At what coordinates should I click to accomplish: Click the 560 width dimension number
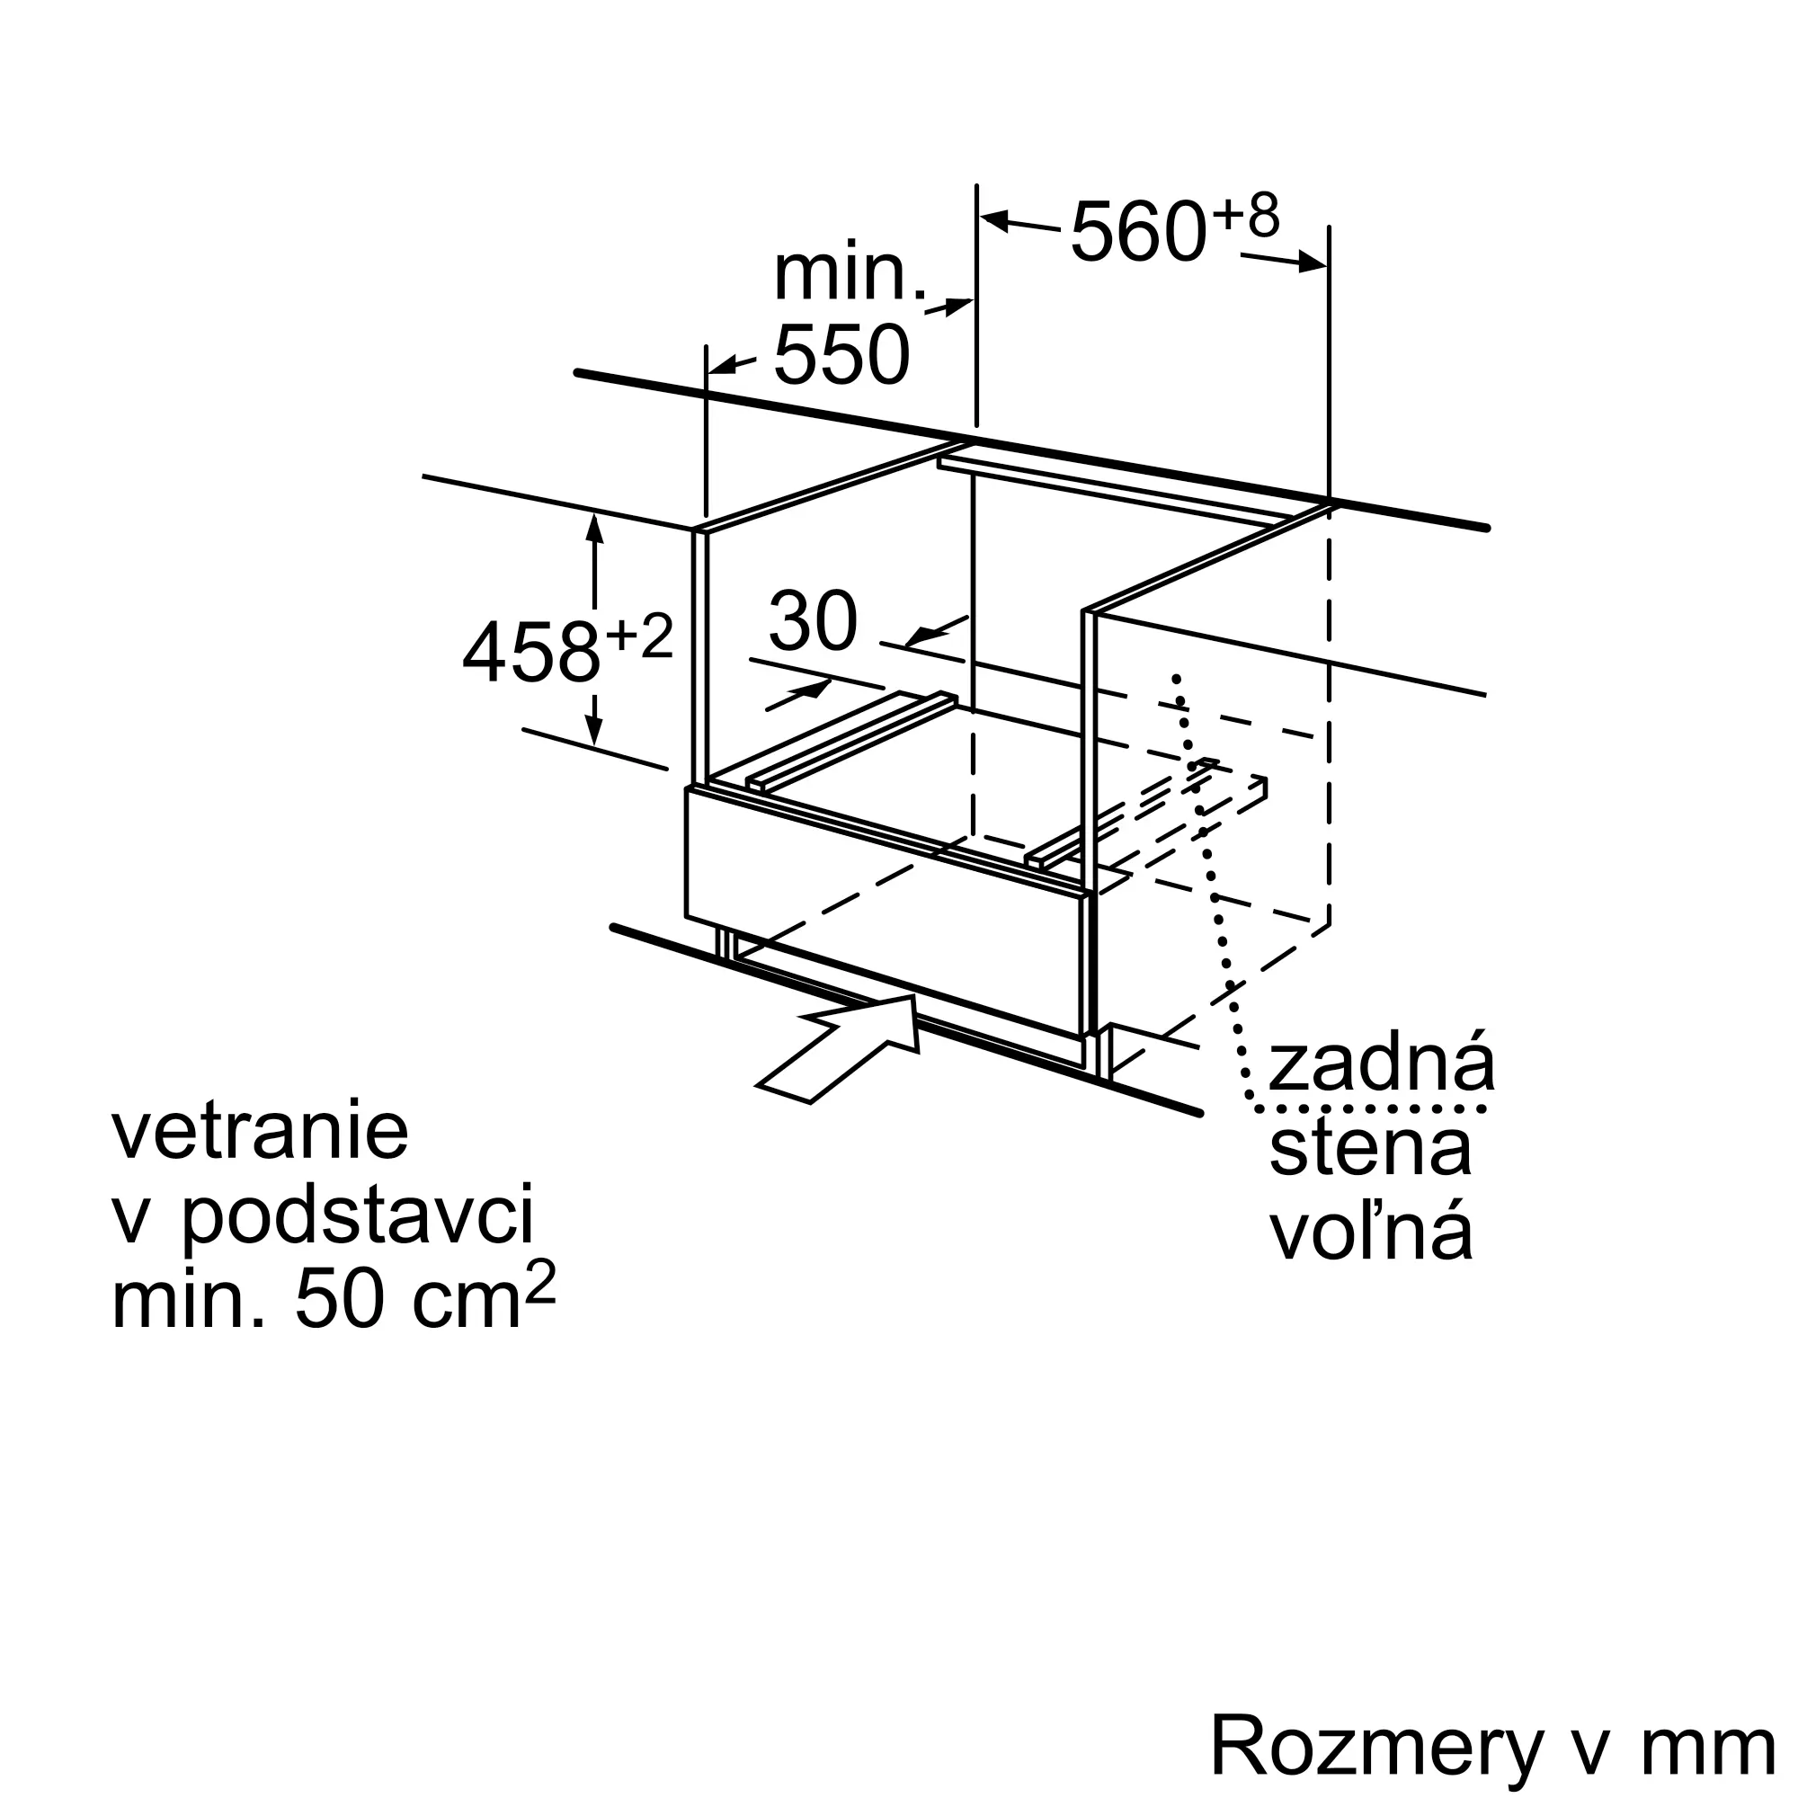tap(1139, 232)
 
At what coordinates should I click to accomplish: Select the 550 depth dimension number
tap(841, 354)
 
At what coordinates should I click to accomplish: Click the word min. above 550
tap(850, 273)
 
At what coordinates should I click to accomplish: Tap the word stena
tap(1370, 1147)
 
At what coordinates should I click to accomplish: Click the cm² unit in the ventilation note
tap(482, 1294)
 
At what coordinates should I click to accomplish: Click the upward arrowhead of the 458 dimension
tap(594, 528)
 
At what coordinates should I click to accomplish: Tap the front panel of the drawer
tap(885, 912)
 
